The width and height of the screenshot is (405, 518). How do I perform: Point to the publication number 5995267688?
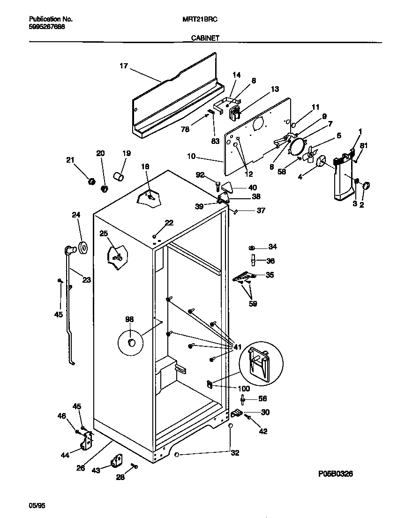coord(47,27)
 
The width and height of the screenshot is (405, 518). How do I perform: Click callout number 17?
coord(123,66)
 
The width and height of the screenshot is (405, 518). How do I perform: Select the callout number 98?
coord(129,319)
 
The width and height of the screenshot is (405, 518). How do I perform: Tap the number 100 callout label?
coord(244,389)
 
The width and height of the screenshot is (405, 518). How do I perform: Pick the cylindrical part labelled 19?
coord(119,177)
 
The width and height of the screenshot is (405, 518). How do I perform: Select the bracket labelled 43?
coord(116,461)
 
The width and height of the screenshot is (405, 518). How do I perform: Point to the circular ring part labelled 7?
coord(296,146)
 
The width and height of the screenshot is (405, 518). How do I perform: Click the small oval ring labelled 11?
coord(293,126)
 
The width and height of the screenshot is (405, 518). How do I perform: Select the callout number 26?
coord(81,468)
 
